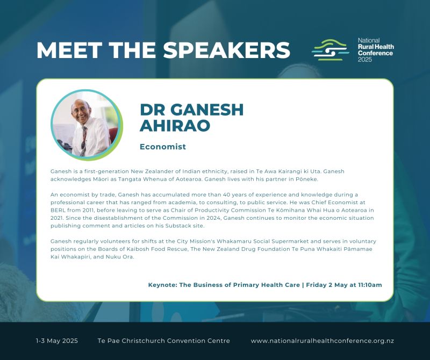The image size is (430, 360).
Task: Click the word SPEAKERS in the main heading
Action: (226, 50)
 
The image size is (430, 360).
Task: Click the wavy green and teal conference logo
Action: (330, 50)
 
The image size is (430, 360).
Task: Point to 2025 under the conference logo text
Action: (365, 60)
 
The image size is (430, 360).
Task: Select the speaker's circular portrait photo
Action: (87, 125)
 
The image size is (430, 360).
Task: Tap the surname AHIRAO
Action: (175, 126)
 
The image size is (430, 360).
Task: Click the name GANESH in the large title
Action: (207, 110)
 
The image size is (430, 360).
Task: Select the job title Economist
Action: (163, 147)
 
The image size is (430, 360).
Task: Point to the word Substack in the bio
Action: (177, 226)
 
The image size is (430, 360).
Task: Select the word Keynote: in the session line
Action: (163, 285)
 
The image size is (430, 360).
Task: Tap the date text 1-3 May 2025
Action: (57, 341)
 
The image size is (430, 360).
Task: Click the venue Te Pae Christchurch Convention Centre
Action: (164, 341)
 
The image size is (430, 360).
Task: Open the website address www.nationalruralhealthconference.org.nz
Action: (322, 341)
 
